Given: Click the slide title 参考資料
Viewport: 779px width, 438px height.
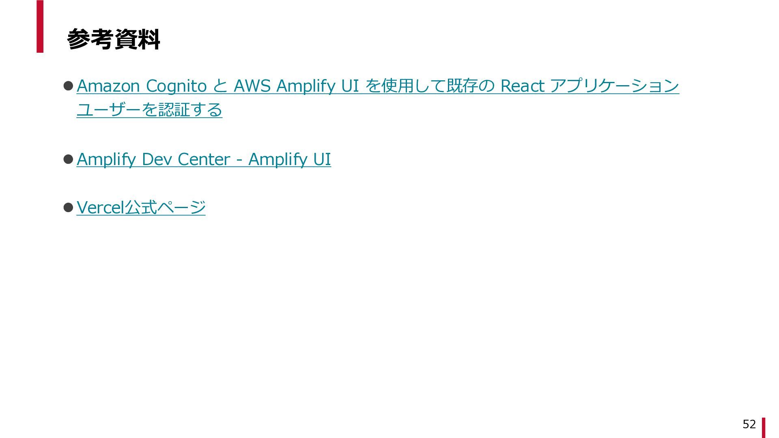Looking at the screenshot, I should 113,39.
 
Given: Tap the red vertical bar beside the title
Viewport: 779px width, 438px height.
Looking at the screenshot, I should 40,26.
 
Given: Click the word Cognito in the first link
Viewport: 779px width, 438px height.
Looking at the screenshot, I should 176,86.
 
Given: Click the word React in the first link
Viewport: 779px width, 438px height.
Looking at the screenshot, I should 522,86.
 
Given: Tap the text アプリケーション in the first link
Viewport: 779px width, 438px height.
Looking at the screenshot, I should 614,86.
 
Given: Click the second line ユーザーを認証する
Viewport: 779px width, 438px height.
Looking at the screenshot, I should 149,110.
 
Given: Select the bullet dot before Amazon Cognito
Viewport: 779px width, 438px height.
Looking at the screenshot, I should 68,86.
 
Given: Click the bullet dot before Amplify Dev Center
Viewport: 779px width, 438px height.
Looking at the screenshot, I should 68,159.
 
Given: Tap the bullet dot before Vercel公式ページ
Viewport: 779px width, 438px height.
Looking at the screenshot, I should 68,208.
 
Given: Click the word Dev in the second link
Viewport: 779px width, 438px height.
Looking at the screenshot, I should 157,159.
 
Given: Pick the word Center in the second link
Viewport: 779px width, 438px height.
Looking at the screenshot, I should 204,159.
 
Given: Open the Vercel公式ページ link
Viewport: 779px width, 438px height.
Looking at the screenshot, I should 141,208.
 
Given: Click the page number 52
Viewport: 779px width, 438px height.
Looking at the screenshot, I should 749,424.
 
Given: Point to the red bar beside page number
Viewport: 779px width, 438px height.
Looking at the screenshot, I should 763,428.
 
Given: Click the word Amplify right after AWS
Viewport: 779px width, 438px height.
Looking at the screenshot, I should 303,86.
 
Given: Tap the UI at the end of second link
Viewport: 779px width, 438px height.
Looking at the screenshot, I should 322,159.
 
